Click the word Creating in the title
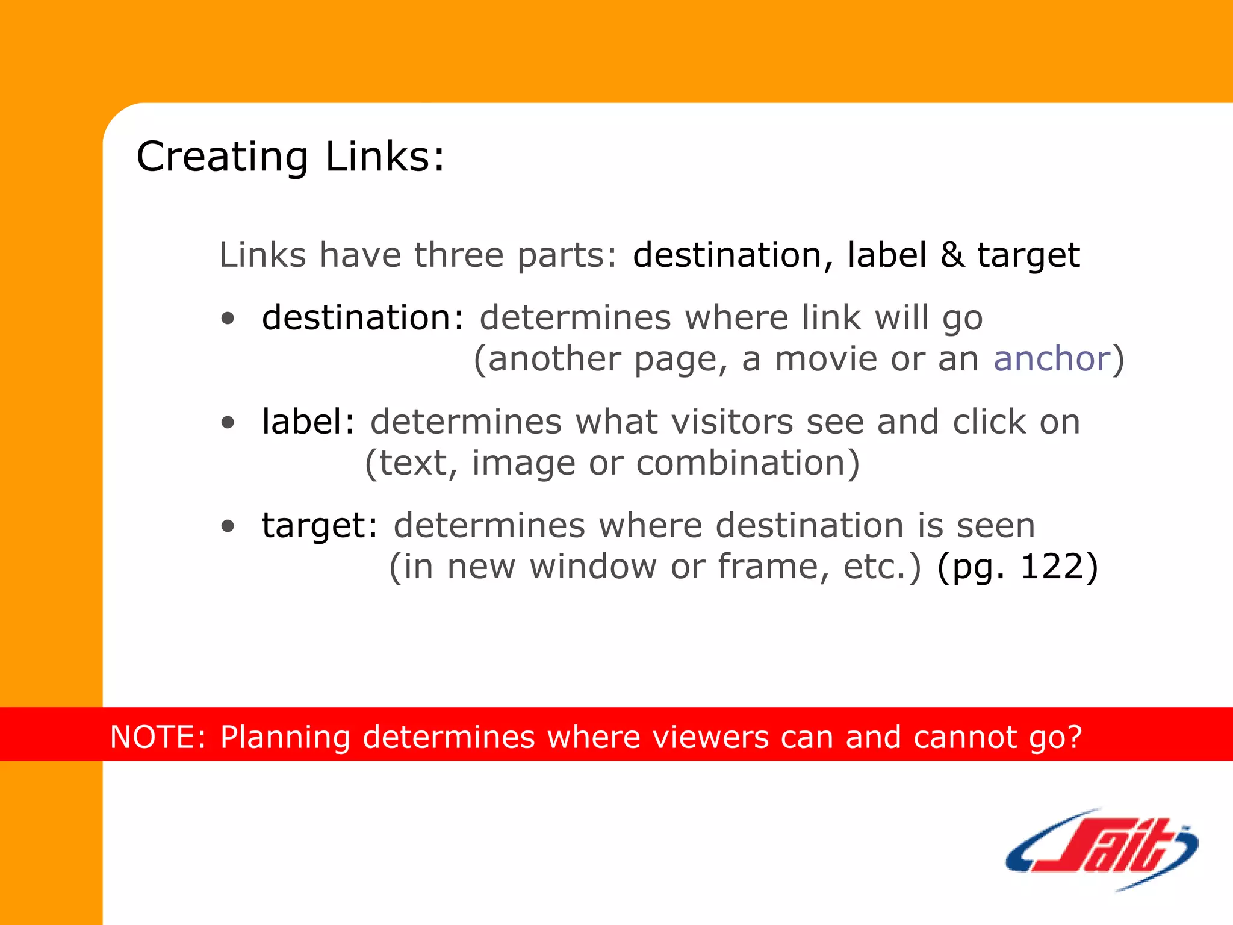(222, 157)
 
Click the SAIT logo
(1101, 849)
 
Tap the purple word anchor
(1051, 359)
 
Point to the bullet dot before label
(228, 422)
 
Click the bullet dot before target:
(228, 526)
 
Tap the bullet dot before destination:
(228, 318)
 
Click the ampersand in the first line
(952, 255)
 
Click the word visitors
(731, 422)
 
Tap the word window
(592, 567)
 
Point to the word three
(458, 255)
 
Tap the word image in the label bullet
(523, 464)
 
